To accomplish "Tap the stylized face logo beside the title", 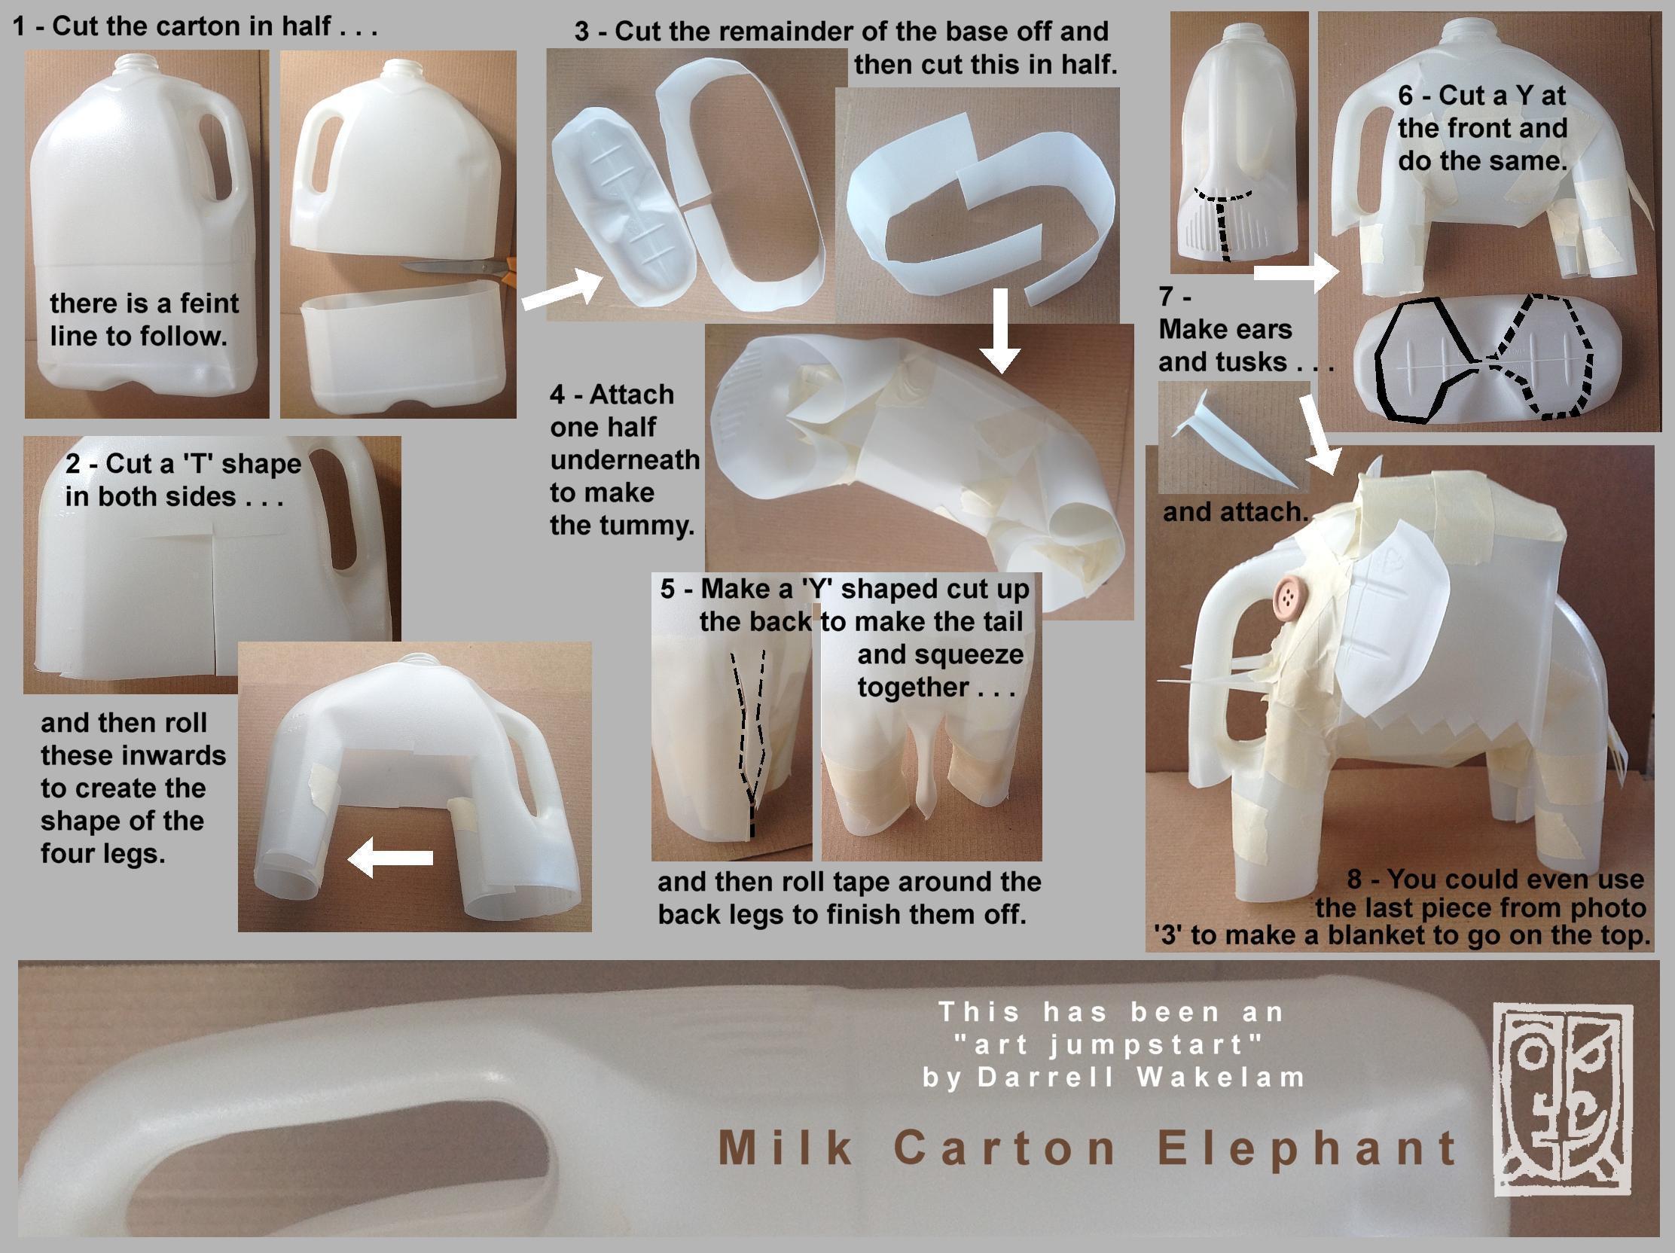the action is coord(1562,1100).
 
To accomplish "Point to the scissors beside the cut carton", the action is coord(458,267).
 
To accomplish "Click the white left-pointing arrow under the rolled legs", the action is coord(389,858).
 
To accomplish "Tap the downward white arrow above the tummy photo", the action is coord(1000,330).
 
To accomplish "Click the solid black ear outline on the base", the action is coord(1424,360).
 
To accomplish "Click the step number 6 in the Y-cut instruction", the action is coord(1405,96).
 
